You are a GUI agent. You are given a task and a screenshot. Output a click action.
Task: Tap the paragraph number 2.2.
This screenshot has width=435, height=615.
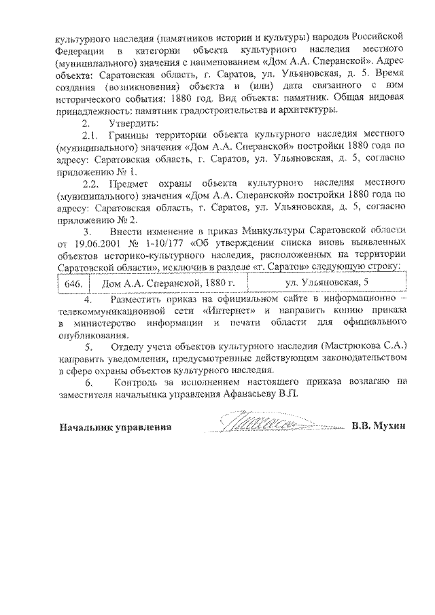(x=90, y=184)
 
